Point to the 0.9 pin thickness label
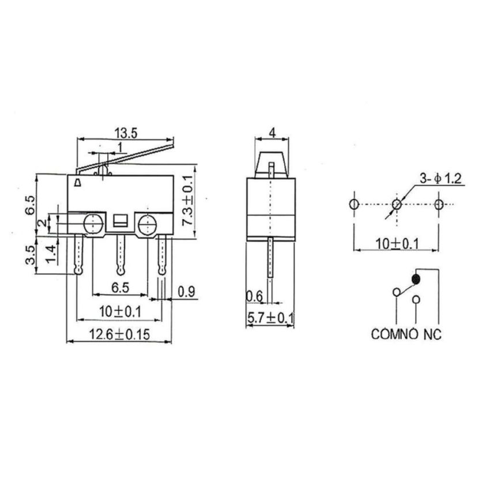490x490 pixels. pos(185,292)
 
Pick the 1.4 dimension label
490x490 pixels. pos(52,252)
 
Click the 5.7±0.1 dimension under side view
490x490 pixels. pos(270,318)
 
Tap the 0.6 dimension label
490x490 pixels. pos(254,296)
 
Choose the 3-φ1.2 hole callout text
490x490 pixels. pos(442,179)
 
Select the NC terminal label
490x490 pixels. pos(432,334)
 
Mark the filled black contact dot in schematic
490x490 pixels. pos(415,280)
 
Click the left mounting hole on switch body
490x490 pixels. pos(92,224)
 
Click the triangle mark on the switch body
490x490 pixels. pos(77,183)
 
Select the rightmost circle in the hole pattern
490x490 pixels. pos(439,204)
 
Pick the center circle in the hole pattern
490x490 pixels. pos(397,204)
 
